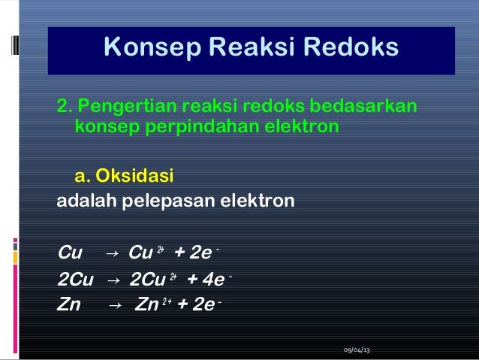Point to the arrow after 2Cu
[x=113, y=281]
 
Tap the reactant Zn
[x=69, y=305]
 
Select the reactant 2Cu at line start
[x=76, y=281]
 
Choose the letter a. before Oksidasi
[x=82, y=177]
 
